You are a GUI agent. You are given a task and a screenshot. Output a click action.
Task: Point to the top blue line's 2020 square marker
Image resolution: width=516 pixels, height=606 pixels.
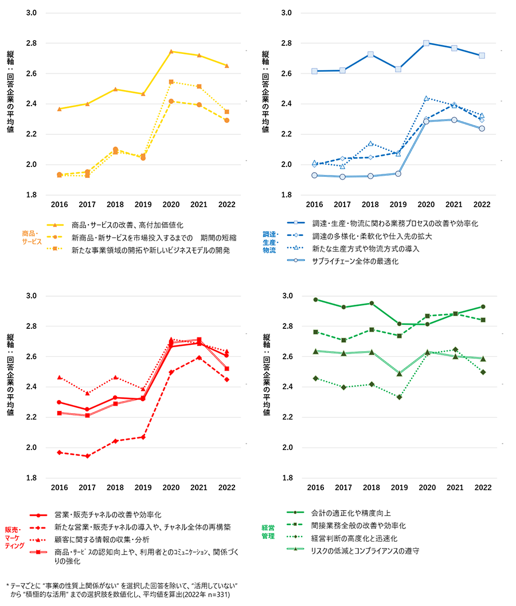426,43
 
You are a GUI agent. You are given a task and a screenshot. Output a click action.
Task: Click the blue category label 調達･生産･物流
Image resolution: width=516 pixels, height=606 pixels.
269,242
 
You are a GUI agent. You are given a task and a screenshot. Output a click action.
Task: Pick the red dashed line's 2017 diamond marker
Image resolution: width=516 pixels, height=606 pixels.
87,456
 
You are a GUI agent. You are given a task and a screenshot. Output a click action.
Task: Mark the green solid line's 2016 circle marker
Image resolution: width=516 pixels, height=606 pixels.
315,300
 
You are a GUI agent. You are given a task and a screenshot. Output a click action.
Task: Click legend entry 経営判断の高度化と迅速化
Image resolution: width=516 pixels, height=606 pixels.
354,538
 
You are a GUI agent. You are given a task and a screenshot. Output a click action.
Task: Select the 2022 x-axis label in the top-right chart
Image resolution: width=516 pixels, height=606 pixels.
482,204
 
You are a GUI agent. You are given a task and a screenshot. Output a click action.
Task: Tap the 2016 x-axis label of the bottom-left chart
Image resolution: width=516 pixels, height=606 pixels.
60,487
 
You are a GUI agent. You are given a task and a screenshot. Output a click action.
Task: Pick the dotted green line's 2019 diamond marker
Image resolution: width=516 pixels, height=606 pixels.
400,397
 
